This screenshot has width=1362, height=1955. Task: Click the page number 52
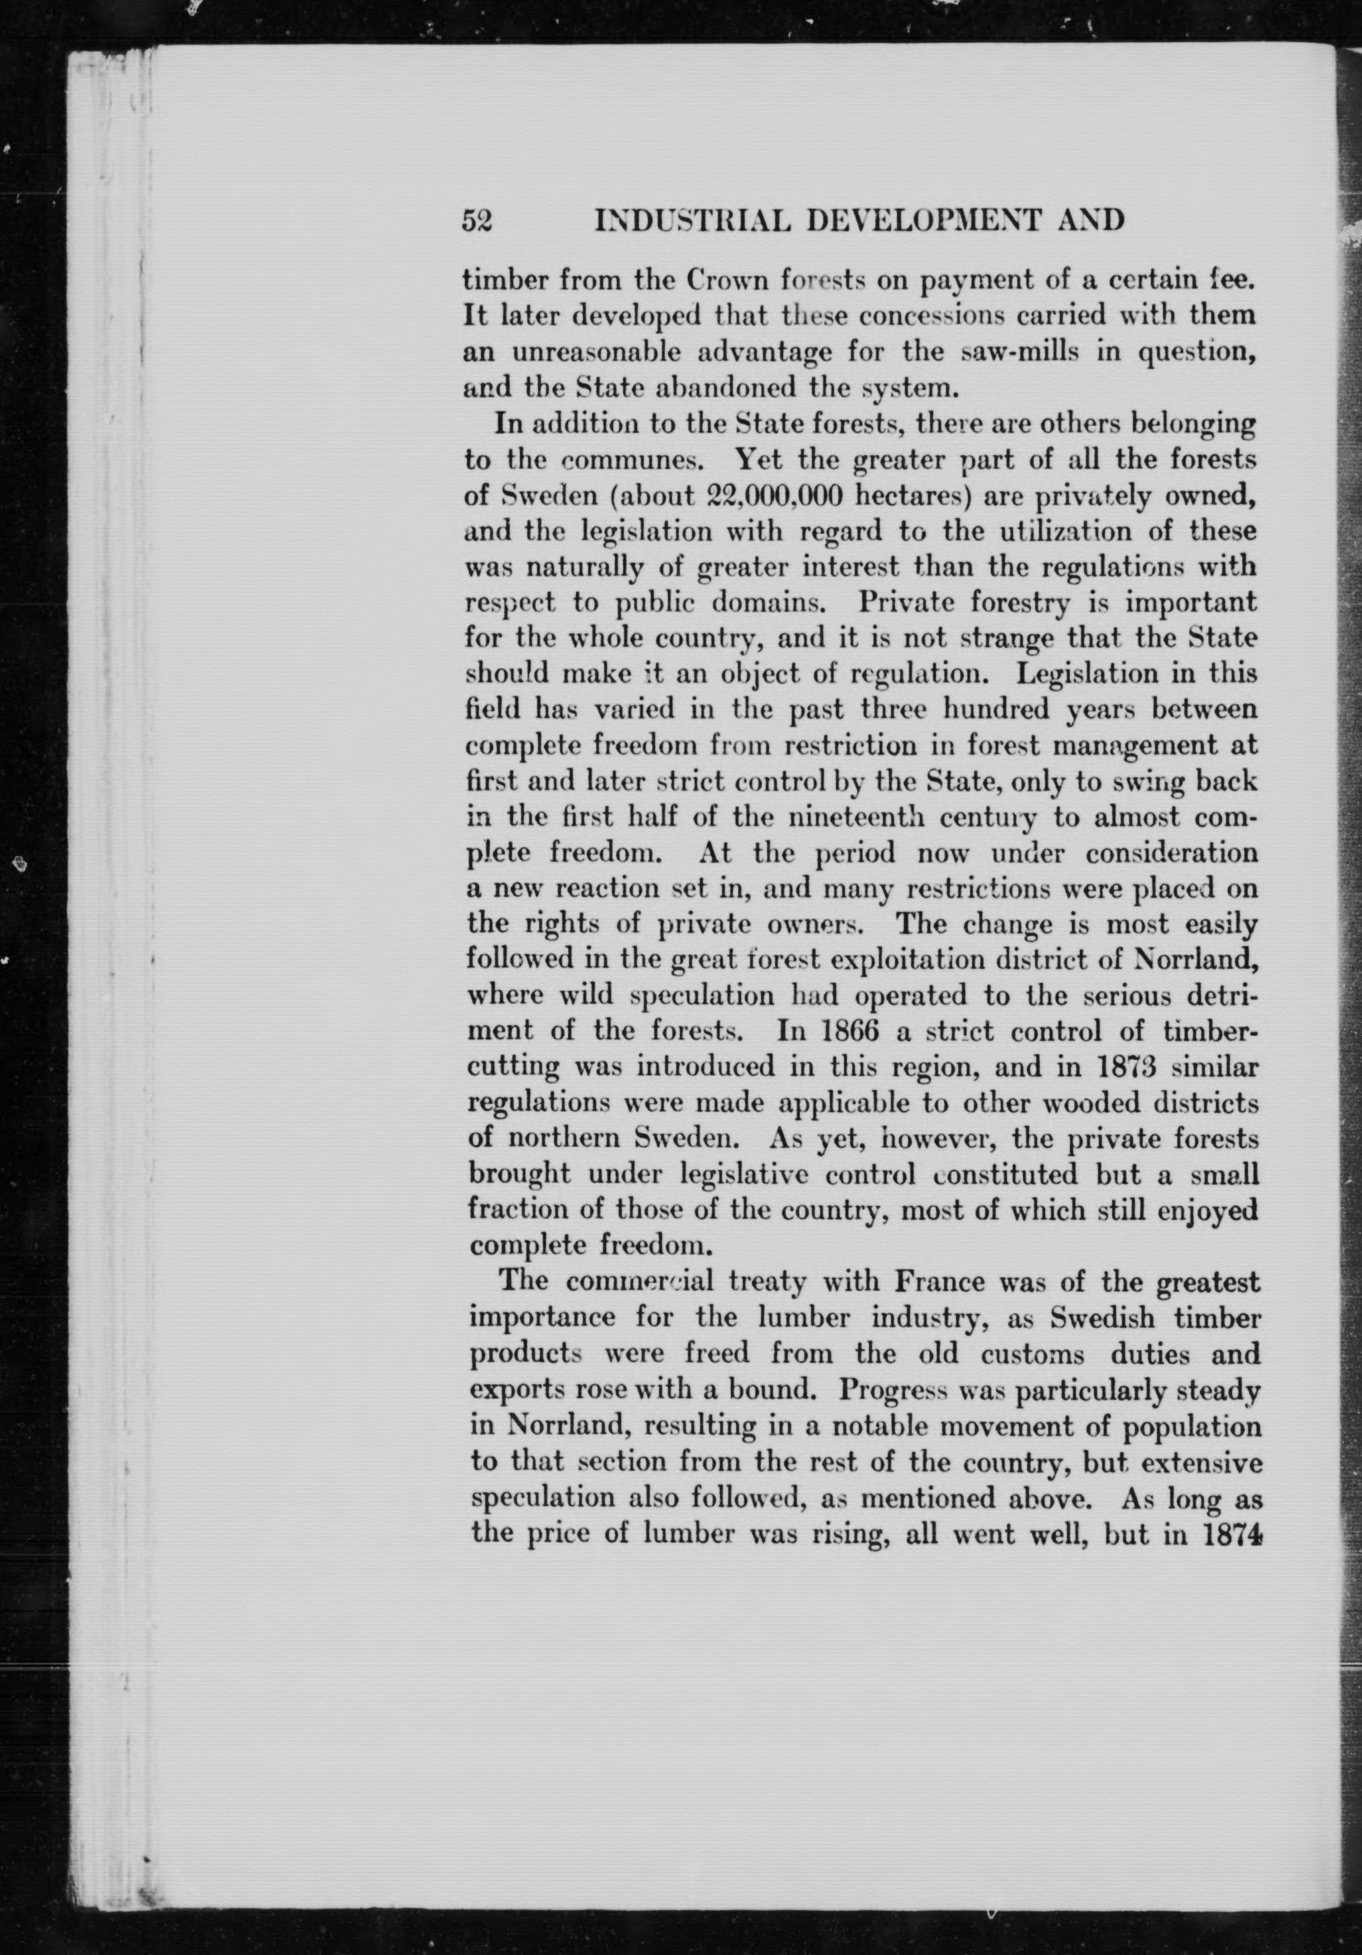[x=477, y=220]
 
